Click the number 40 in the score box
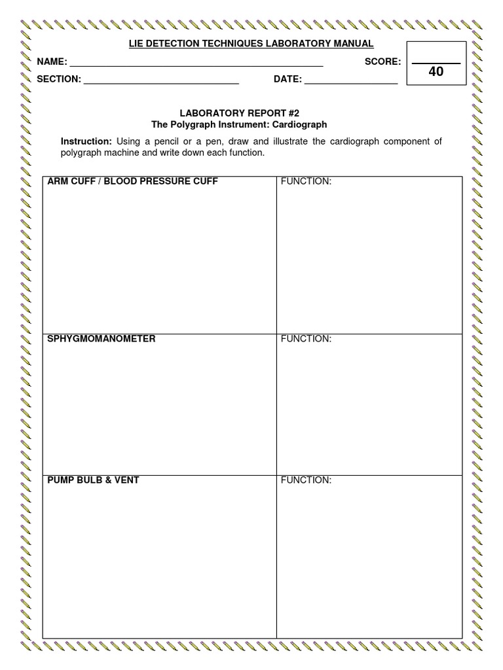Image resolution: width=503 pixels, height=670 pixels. (436, 72)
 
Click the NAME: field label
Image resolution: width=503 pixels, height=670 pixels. (52, 62)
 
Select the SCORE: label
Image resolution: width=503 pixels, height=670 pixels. (382, 62)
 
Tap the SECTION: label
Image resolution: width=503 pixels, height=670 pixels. (59, 80)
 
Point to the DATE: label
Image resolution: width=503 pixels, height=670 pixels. (288, 80)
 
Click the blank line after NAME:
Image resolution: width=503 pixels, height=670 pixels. (196, 66)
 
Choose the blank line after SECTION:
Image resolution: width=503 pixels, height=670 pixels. (161, 84)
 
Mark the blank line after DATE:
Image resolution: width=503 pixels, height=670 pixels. (351, 84)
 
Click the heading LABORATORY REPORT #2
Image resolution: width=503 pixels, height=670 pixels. (239, 113)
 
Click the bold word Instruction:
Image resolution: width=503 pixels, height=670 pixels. (86, 141)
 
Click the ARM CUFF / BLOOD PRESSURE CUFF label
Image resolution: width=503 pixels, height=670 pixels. (132, 181)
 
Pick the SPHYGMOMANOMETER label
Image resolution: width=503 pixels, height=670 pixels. (102, 339)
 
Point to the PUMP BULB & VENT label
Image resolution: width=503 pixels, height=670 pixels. (93, 480)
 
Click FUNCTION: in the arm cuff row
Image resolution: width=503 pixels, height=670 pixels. (306, 181)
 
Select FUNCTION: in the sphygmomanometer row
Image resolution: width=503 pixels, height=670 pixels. (306, 339)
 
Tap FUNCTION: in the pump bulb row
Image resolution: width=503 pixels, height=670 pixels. (306, 480)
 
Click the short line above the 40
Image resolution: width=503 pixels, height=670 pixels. (436, 63)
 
